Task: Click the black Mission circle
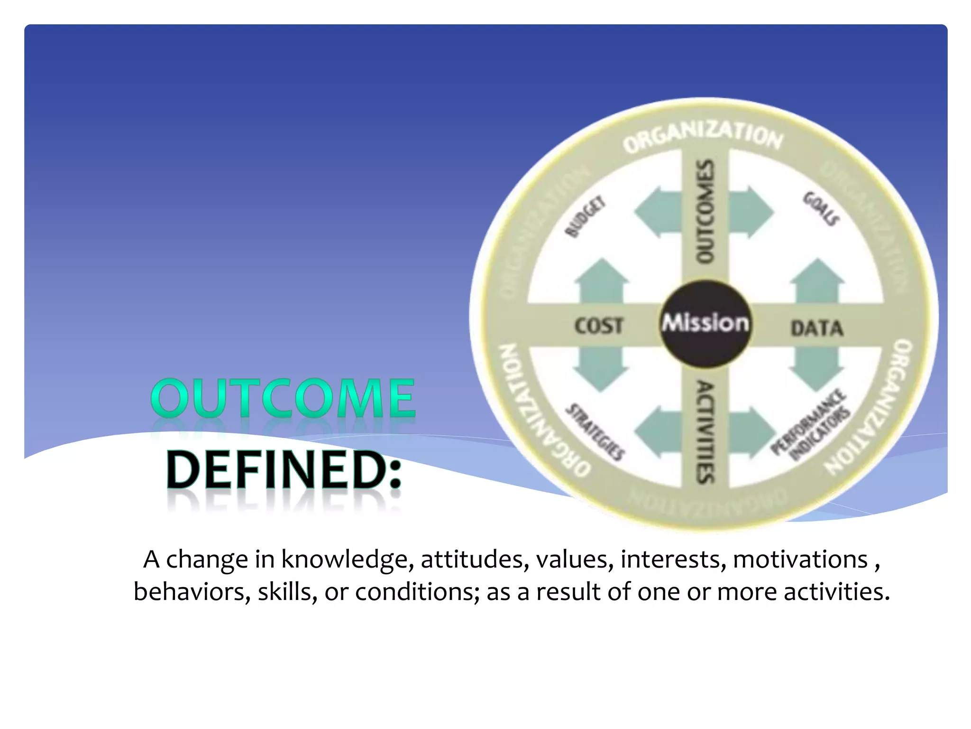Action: click(x=705, y=324)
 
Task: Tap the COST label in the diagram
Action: click(x=598, y=326)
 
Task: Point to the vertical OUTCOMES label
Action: click(x=705, y=211)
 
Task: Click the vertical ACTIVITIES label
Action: click(x=705, y=432)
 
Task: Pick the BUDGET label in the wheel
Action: click(x=586, y=216)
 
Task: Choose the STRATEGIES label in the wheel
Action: click(x=595, y=432)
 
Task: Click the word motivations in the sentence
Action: click(x=800, y=559)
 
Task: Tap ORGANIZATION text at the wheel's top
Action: click(x=703, y=135)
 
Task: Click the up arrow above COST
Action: click(x=602, y=280)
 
